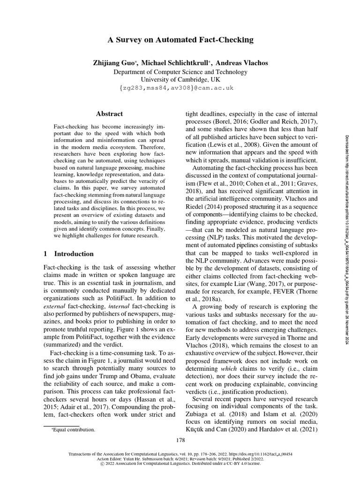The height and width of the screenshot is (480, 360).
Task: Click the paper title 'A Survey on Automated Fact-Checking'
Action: pos(180,40)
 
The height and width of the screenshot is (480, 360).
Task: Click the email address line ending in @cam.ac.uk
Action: pos(180,88)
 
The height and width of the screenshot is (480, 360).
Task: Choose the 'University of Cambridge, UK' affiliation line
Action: pos(180,80)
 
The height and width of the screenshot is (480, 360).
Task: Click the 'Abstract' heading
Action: pos(109,114)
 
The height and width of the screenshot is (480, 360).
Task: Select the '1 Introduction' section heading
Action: pos(68,254)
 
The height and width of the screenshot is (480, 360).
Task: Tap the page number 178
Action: pos(180,440)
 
